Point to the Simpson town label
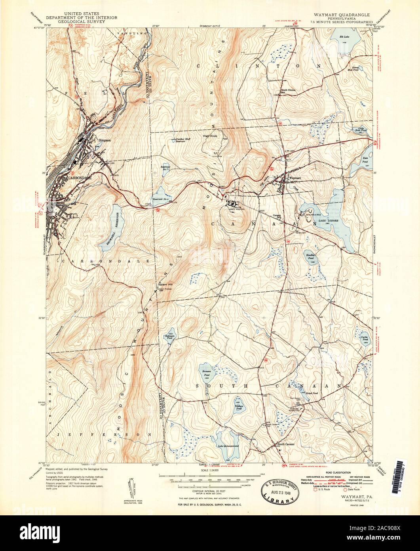click(x=105, y=140)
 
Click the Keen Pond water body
click(x=367, y=160)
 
